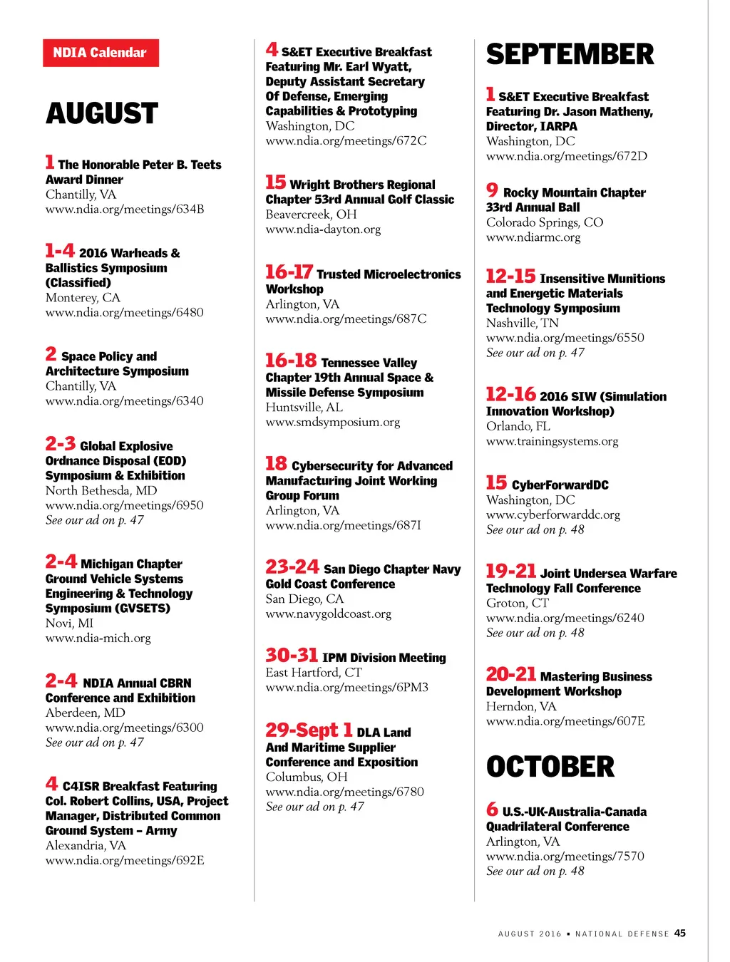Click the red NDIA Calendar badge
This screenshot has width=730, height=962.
pos(101,53)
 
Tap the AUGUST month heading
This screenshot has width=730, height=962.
pos(102,114)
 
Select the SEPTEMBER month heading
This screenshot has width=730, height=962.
pos(570,55)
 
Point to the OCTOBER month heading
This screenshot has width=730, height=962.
pos(550,767)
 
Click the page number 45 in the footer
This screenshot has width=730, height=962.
pos(680,933)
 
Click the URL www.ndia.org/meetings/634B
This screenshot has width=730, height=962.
pos(125,210)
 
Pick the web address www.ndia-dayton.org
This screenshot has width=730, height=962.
pos(323,229)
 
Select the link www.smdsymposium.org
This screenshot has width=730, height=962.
pos(333,422)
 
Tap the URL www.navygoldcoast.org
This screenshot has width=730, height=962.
pos(329,614)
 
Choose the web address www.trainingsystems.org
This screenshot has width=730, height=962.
pos(552,441)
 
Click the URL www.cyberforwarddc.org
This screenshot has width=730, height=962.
pos(553,514)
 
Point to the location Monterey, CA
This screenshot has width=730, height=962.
pos(83,298)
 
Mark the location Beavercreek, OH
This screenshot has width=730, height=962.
pos(311,214)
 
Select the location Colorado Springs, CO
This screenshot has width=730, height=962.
pos(545,222)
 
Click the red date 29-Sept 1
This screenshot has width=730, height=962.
pos(309,730)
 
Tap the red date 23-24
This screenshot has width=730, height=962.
pos(292,567)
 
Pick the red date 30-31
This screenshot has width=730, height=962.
pos(292,656)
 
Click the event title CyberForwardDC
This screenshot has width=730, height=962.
pos(560,485)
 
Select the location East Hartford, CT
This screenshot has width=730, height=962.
pos(314,673)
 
